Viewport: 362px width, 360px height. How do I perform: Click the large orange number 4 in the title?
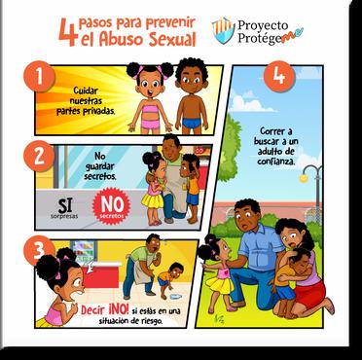point(68,32)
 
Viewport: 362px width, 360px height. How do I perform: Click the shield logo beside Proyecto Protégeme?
point(223,30)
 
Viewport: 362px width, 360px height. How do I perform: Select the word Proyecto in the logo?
point(263,25)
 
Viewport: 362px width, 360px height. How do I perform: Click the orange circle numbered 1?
point(39,77)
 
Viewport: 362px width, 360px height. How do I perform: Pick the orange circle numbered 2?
point(39,157)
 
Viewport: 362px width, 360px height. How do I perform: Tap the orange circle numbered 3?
point(39,250)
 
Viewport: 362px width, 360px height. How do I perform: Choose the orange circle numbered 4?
point(279,77)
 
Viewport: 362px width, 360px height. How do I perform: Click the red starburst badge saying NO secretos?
point(112,206)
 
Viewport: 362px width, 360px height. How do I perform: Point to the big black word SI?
point(65,204)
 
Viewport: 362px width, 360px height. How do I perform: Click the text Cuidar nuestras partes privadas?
point(86,101)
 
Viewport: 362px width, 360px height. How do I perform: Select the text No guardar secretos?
point(99,166)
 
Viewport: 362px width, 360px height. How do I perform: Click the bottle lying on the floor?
point(175,297)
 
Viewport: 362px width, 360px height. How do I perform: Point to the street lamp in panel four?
point(312,192)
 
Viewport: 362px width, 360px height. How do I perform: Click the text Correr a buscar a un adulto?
point(276,141)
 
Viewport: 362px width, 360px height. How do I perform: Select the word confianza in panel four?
point(276,161)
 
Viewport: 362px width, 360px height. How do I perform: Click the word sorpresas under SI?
point(64,216)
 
